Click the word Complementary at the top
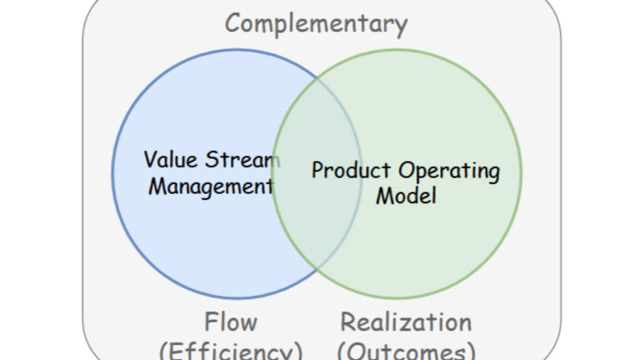coord(316,24)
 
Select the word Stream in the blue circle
coord(242,159)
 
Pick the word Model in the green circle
coord(406,196)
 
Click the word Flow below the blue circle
coord(231,322)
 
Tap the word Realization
coord(406,322)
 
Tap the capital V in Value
coord(151,159)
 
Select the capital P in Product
coord(317,171)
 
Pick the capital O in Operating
coord(407,171)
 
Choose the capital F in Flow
coord(211,322)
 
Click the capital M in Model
coord(384,196)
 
